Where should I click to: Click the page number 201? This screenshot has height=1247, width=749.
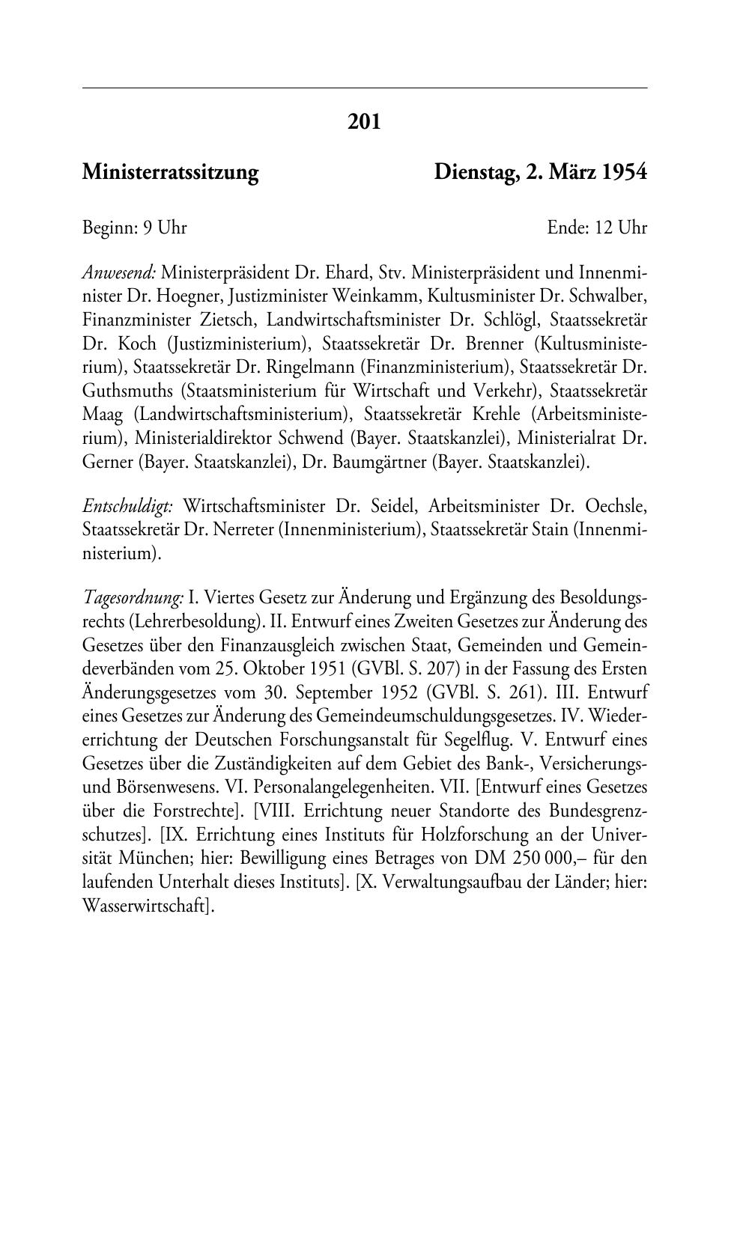364,121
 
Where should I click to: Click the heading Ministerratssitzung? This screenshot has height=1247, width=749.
170,173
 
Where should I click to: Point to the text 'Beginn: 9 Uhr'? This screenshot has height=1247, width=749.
134,227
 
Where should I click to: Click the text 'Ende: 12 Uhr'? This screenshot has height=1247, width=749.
596,227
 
